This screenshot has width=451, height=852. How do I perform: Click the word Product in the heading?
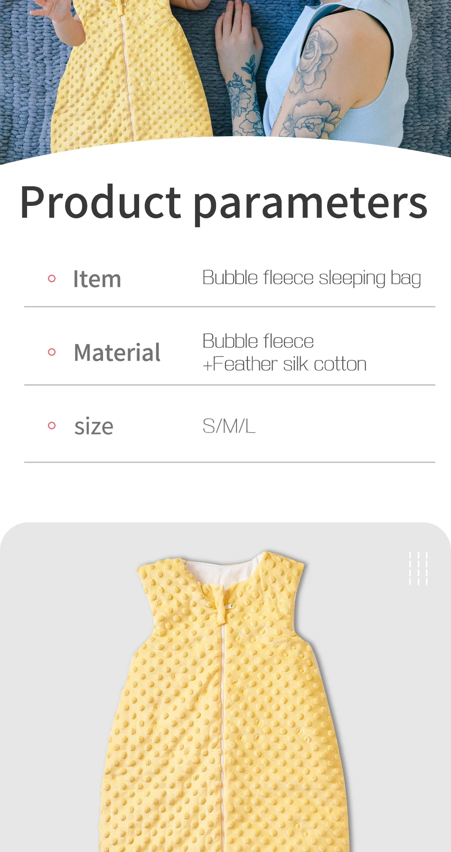[x=101, y=202]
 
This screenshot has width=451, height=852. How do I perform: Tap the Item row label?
[x=97, y=279]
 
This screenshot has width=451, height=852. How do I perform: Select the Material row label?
[x=117, y=352]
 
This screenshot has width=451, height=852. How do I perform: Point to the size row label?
[x=94, y=426]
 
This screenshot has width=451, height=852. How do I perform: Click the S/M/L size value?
[x=229, y=426]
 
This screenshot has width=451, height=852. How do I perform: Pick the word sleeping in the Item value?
[x=352, y=279]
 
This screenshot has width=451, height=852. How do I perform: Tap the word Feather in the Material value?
[x=245, y=364]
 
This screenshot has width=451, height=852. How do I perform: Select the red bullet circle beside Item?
[x=52, y=278]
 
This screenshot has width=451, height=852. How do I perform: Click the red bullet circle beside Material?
[x=52, y=352]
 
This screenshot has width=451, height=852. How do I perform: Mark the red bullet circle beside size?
[x=52, y=426]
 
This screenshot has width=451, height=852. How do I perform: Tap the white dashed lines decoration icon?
[x=418, y=568]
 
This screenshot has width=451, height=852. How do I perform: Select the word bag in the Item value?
[x=406, y=279]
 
